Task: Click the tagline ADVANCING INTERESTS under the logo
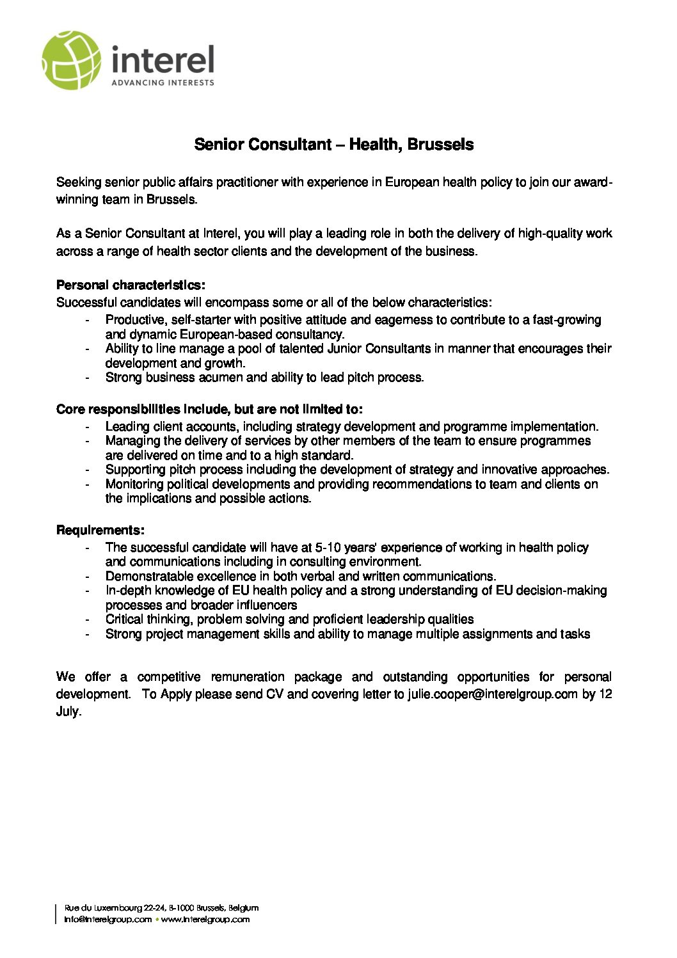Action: (163, 83)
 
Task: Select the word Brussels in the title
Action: (440, 145)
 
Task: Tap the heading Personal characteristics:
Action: (131, 285)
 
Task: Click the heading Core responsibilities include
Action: (209, 409)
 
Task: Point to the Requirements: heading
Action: (100, 530)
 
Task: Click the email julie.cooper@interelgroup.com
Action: (493, 694)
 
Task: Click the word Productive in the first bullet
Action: (134, 319)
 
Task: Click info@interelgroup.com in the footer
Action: (108, 920)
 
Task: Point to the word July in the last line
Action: (68, 712)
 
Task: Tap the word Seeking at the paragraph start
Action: (79, 182)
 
